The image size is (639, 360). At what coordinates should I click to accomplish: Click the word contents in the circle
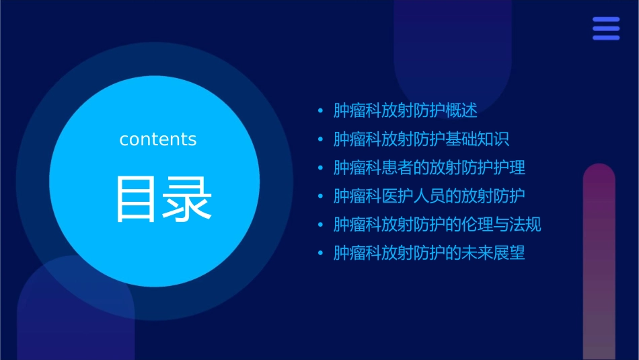(x=158, y=139)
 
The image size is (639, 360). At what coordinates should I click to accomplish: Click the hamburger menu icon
(x=606, y=28)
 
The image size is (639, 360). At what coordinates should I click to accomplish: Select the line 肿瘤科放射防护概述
(x=406, y=111)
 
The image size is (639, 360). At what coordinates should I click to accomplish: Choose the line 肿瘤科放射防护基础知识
(x=421, y=139)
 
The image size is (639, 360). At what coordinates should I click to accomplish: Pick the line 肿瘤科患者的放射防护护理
(x=429, y=168)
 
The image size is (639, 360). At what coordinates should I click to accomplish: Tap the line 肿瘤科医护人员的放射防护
(x=429, y=196)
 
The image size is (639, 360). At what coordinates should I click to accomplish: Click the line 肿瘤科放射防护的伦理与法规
(x=437, y=225)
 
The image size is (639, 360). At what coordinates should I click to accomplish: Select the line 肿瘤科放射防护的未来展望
(x=429, y=253)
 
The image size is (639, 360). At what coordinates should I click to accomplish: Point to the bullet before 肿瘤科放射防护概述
(x=320, y=111)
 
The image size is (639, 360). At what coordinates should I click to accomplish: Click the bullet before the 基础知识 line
(x=320, y=139)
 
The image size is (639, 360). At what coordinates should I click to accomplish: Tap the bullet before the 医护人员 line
(x=320, y=196)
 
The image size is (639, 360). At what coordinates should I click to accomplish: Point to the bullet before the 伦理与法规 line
(x=320, y=225)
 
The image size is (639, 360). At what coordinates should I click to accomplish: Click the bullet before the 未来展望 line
(x=320, y=254)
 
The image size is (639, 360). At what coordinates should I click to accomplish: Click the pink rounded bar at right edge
(x=599, y=262)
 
